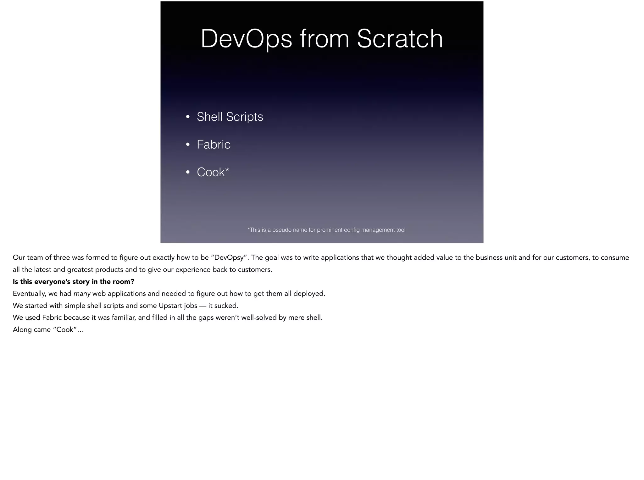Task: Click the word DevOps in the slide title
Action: [246, 39]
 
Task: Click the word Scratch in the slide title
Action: [400, 39]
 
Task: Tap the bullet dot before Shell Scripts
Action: [188, 117]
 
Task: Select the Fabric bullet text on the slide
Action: [214, 145]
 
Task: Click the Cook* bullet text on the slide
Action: [213, 172]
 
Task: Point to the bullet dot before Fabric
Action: [188, 145]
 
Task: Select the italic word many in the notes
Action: [82, 294]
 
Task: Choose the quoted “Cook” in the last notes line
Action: [65, 330]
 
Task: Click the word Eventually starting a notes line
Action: [29, 294]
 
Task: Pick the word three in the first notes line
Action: [61, 258]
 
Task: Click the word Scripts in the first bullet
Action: [244, 117]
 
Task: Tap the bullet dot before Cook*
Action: [188, 173]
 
